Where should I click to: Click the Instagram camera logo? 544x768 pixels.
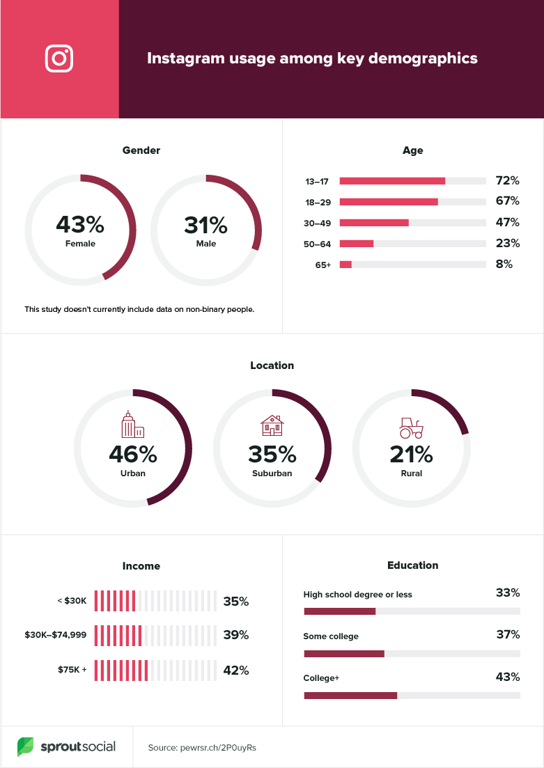pos(59,58)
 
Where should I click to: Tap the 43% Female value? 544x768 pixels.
pos(80,225)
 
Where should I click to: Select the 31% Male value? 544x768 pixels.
pos(205,225)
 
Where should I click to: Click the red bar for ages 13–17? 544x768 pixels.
pos(392,181)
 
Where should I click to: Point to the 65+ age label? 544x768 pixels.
pos(322,265)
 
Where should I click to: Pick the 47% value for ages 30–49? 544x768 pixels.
pos(507,223)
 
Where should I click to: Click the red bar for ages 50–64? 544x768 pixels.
pos(357,244)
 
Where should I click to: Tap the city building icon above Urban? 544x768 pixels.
pos(132,424)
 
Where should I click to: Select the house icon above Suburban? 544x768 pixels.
pos(272,425)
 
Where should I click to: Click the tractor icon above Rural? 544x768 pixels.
pos(411,426)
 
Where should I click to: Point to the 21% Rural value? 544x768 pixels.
pos(411,454)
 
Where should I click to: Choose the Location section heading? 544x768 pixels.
pos(272,366)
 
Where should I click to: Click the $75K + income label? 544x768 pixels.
pos(72,671)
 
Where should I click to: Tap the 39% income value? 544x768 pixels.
pos(235,636)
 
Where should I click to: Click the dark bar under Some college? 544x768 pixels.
pos(344,654)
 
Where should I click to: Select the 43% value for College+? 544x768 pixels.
pos(507,677)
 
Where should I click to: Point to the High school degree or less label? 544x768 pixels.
pos(357,595)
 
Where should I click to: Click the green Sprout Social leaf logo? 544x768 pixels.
pos(26,747)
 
